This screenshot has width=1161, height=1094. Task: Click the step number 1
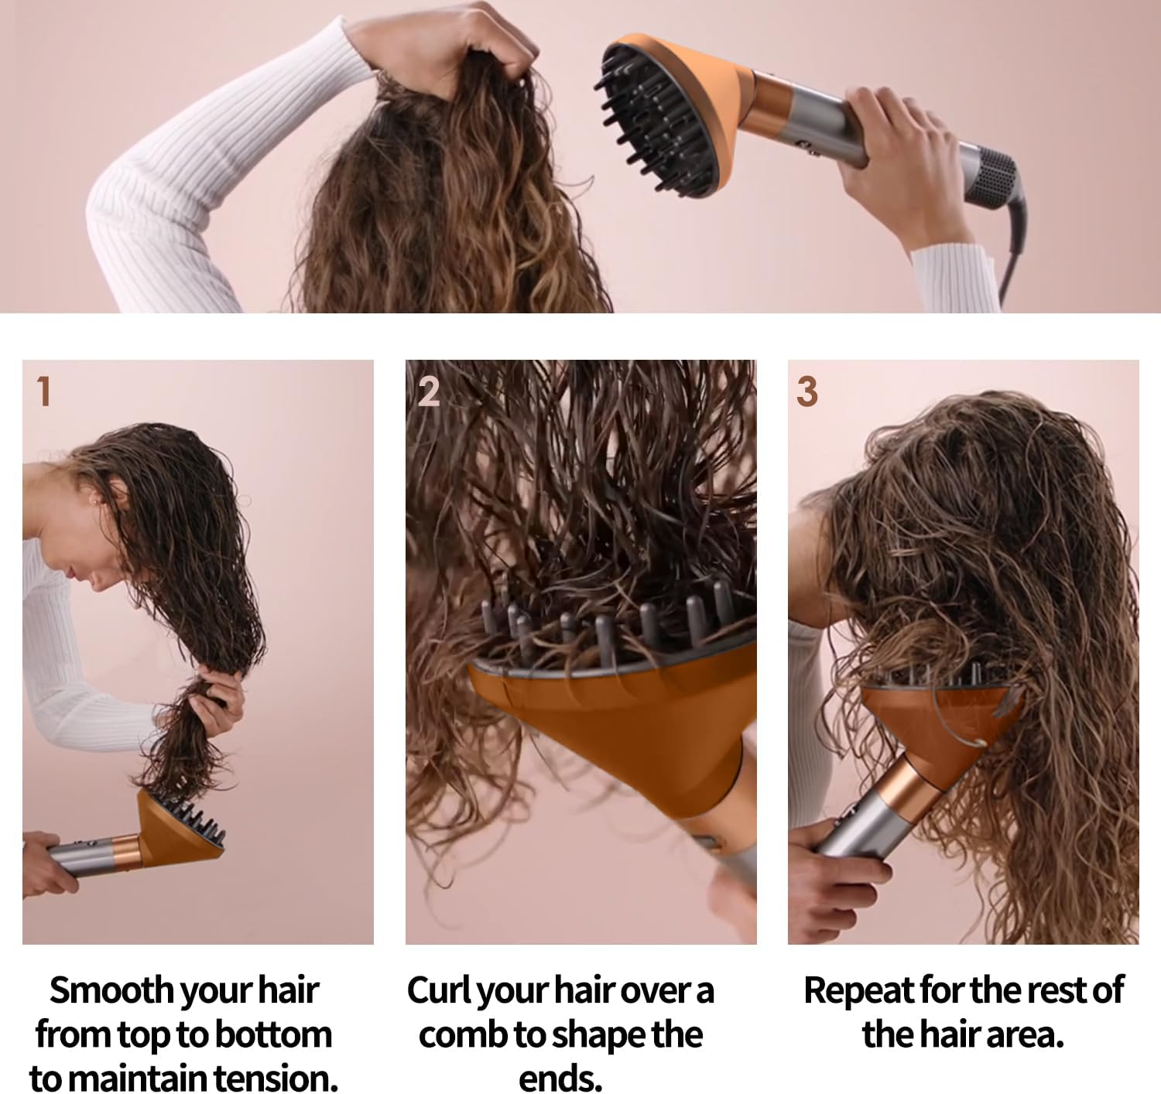pyautogui.click(x=44, y=391)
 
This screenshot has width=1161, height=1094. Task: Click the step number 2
pyautogui.click(x=429, y=391)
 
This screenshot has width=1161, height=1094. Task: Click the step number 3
pyautogui.click(x=807, y=391)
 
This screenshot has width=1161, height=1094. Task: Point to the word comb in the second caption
pyautogui.click(x=463, y=1035)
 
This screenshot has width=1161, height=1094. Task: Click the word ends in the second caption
pyautogui.click(x=560, y=1079)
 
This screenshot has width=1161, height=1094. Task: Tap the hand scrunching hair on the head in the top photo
pyautogui.click(x=444, y=46)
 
